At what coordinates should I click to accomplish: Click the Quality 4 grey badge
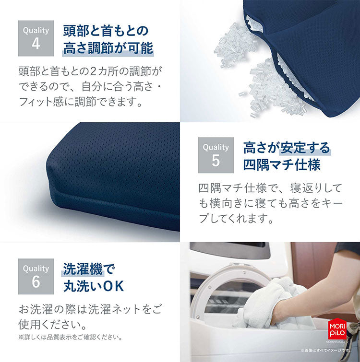point(36,38)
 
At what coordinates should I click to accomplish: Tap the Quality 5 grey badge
point(216,155)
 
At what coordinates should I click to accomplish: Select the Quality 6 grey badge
point(36,276)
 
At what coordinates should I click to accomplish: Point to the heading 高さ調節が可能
point(108,48)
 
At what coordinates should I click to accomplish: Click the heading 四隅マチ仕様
point(282,164)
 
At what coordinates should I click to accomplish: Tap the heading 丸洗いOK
point(94,286)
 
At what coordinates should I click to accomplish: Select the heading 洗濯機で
point(89,269)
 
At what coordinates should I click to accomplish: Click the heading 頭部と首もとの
point(106,31)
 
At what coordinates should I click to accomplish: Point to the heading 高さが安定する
point(287,148)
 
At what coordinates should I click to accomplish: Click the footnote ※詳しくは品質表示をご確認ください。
point(71,337)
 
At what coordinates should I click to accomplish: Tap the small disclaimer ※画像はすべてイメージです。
point(326,350)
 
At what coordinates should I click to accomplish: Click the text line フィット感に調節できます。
point(81,102)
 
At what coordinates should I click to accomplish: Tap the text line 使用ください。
point(53,325)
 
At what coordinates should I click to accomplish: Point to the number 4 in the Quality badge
point(36,44)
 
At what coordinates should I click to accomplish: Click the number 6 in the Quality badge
point(36,281)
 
